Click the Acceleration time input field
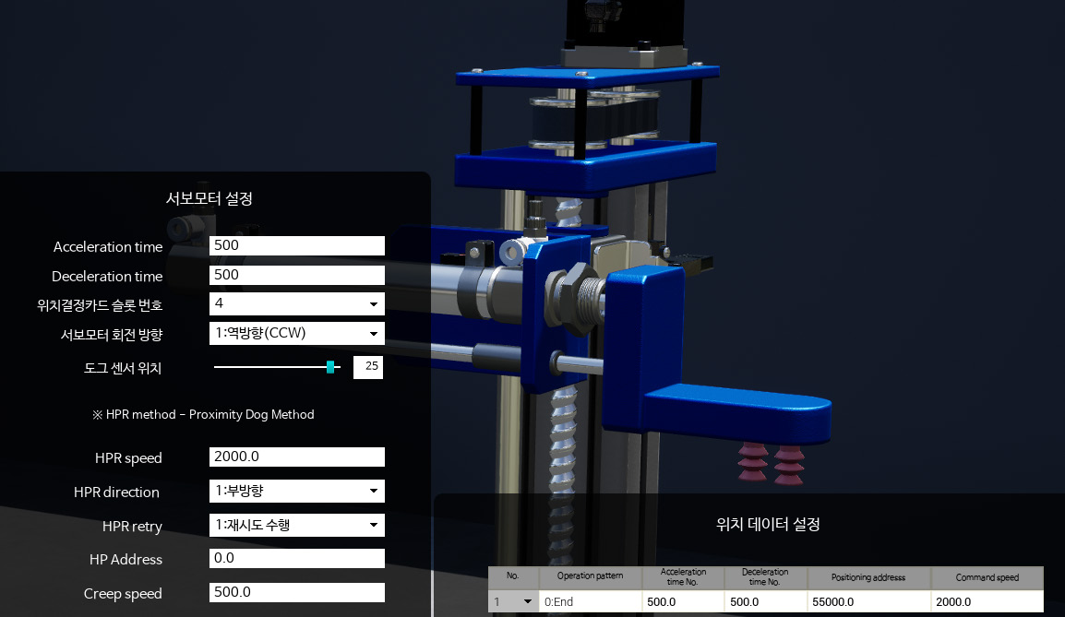tap(296, 246)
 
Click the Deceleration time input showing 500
tap(296, 275)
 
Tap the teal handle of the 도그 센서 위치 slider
tap(330, 367)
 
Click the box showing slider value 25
tap(368, 367)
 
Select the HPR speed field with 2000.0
tap(296, 457)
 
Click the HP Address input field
tap(296, 559)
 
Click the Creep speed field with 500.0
tap(296, 593)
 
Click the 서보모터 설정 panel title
tap(209, 198)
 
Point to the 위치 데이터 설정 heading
tap(768, 524)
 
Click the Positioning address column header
tap(868, 577)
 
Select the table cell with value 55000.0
tap(868, 602)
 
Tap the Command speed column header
tap(987, 577)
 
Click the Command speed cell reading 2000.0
tap(987, 602)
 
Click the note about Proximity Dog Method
tap(203, 415)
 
